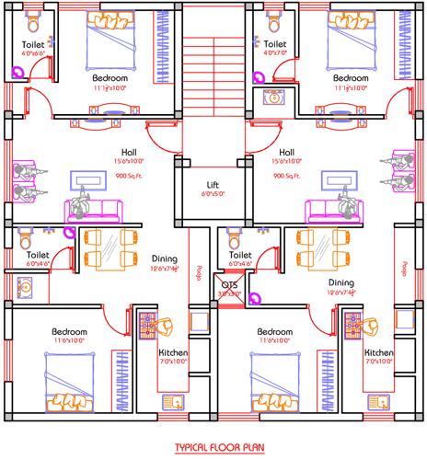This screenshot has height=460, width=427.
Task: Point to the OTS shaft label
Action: click(x=229, y=285)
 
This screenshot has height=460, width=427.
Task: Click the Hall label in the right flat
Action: click(x=286, y=153)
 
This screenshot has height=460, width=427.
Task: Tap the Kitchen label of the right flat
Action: click(x=378, y=353)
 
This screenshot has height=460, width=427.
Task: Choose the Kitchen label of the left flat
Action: click(x=174, y=353)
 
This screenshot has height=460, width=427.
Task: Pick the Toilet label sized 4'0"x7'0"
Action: click(x=274, y=43)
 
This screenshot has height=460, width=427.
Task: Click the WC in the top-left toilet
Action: click(x=33, y=20)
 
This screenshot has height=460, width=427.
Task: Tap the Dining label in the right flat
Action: click(x=341, y=283)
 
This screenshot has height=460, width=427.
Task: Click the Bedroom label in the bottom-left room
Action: click(x=69, y=331)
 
